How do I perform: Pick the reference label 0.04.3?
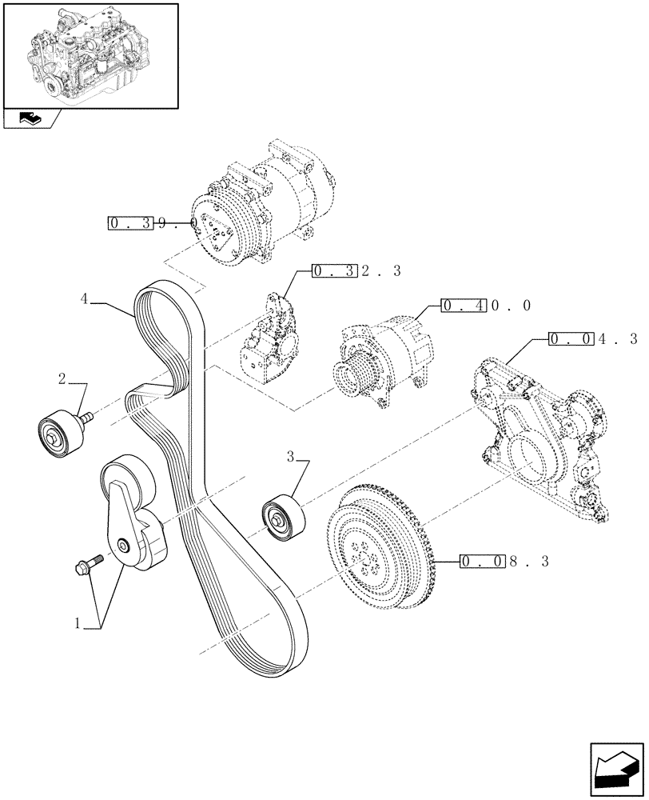(x=592, y=339)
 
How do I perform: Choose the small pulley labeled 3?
(x=282, y=518)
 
